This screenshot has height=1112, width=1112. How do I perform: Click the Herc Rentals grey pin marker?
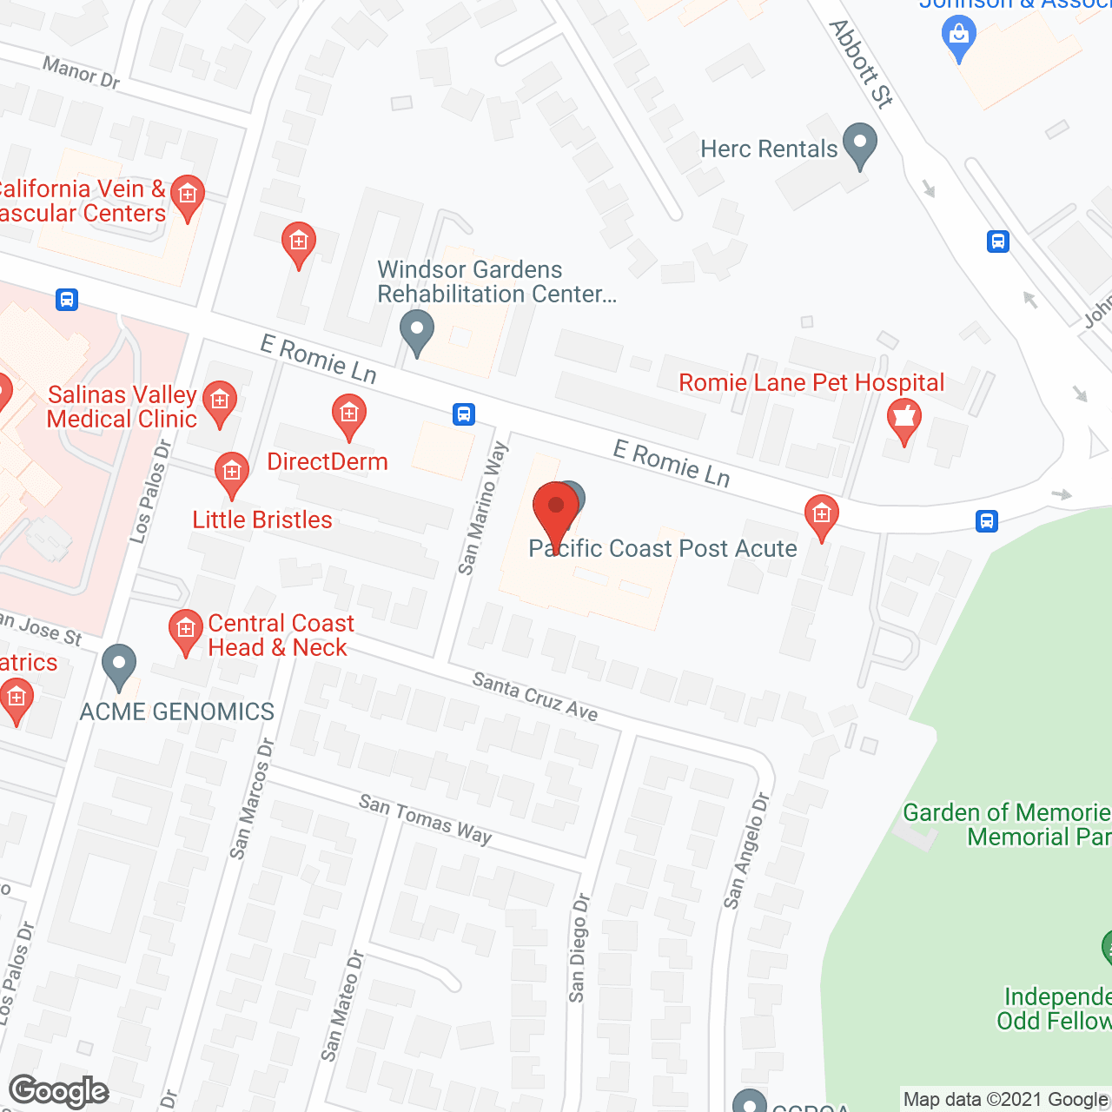(x=860, y=145)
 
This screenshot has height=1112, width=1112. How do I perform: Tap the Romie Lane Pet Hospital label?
(x=811, y=383)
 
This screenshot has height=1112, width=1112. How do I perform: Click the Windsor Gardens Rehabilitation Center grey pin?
(x=417, y=331)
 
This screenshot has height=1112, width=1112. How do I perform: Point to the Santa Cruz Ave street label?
(x=534, y=697)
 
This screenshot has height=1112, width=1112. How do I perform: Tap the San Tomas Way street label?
(x=425, y=818)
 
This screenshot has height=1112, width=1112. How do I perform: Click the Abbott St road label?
(x=860, y=64)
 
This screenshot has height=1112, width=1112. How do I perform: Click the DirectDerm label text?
(x=327, y=461)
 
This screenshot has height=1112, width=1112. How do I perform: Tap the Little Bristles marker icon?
(x=231, y=473)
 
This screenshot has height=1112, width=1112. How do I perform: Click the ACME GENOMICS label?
(x=177, y=712)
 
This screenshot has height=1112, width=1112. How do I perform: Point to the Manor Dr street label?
(x=81, y=72)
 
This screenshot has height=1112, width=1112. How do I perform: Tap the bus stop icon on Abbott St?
(x=998, y=241)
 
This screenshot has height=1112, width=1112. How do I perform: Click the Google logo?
(x=59, y=1091)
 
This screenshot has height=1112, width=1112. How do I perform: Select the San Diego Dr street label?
(x=579, y=948)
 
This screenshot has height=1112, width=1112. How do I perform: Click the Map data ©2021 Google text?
(x=1005, y=1100)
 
